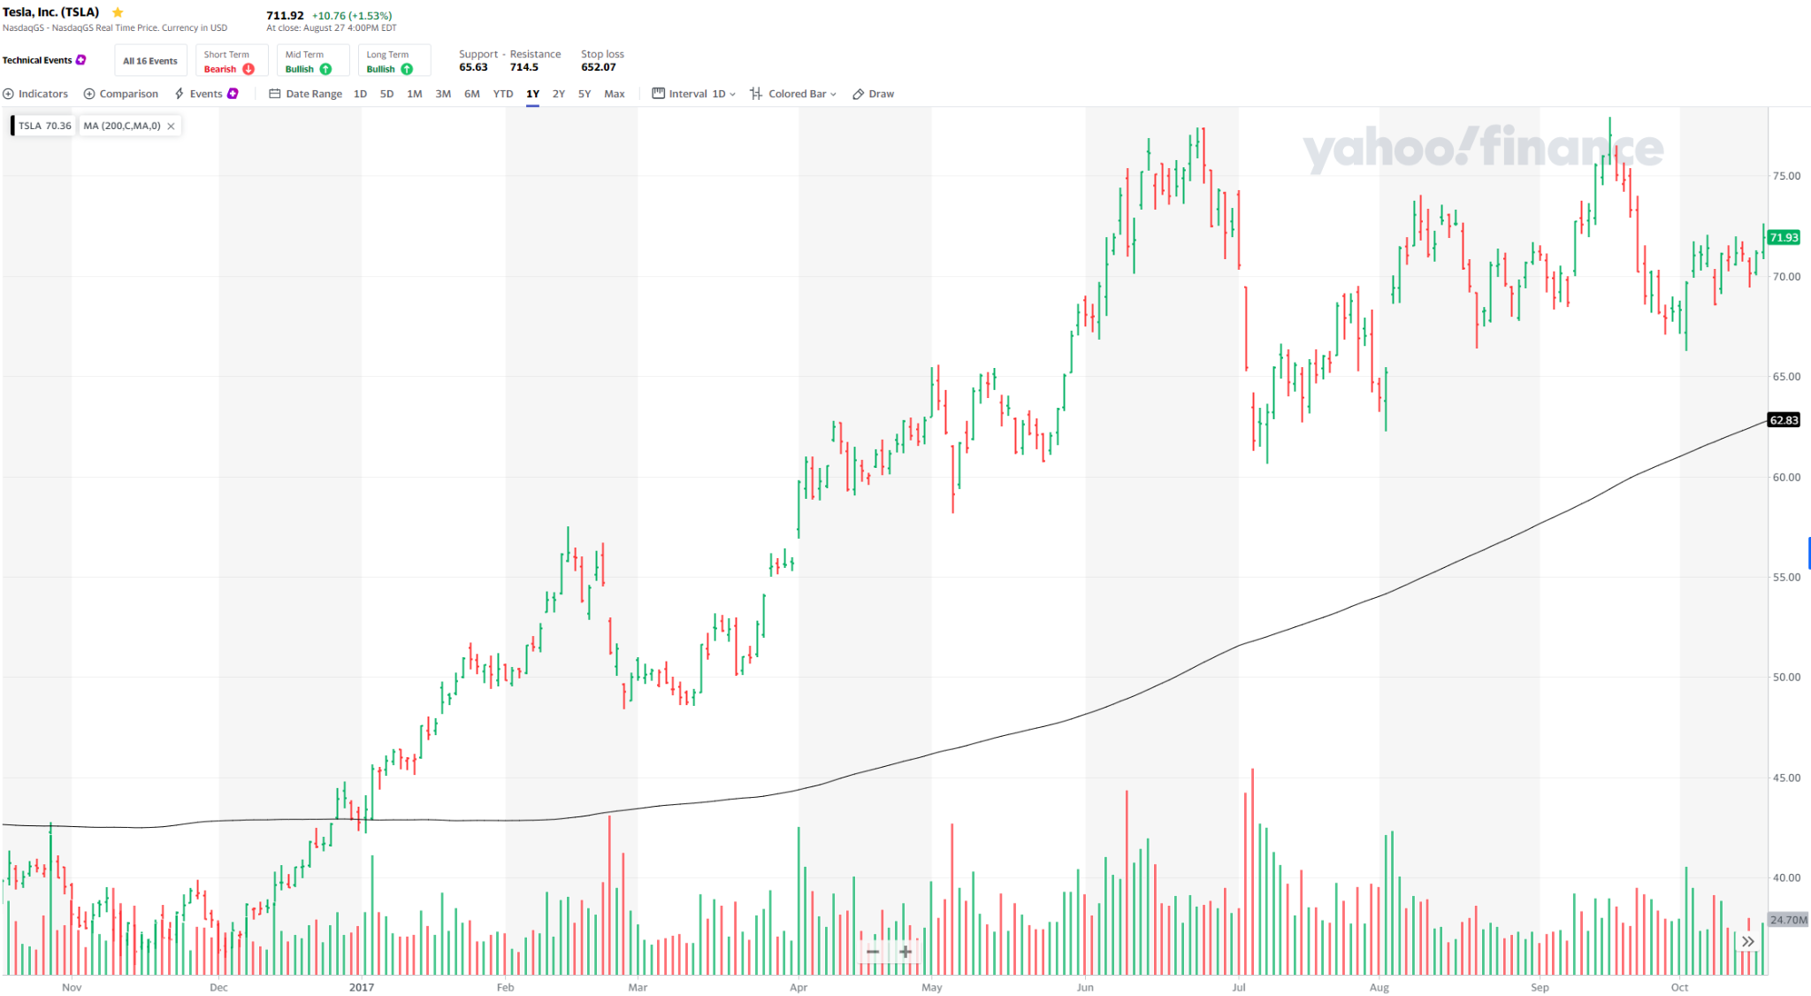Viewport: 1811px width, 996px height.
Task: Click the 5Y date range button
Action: tap(585, 94)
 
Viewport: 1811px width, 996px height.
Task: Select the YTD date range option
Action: tap(503, 94)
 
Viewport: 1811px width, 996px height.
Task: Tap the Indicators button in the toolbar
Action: tap(35, 94)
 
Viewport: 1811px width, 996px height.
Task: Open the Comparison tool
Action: tap(121, 94)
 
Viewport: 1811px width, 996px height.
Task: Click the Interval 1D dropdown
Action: tap(694, 94)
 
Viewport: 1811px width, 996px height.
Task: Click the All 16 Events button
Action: tap(150, 61)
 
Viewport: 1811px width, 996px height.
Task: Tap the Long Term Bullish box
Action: tap(393, 61)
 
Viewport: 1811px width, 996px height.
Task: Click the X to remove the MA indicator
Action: tap(171, 126)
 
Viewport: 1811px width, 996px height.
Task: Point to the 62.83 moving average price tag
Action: tap(1784, 420)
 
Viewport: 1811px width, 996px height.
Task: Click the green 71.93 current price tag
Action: tap(1784, 237)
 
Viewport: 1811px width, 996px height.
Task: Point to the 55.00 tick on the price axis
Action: tap(1785, 577)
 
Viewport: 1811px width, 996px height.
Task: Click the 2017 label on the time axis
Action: tap(361, 987)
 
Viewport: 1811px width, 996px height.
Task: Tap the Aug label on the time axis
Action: tap(1379, 987)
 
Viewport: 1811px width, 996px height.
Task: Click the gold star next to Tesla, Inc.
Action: tap(118, 12)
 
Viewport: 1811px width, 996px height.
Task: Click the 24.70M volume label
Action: tap(1788, 920)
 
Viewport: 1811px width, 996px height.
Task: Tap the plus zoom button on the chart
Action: tap(905, 952)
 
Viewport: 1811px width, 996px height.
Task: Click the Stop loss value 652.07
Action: tap(599, 67)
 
